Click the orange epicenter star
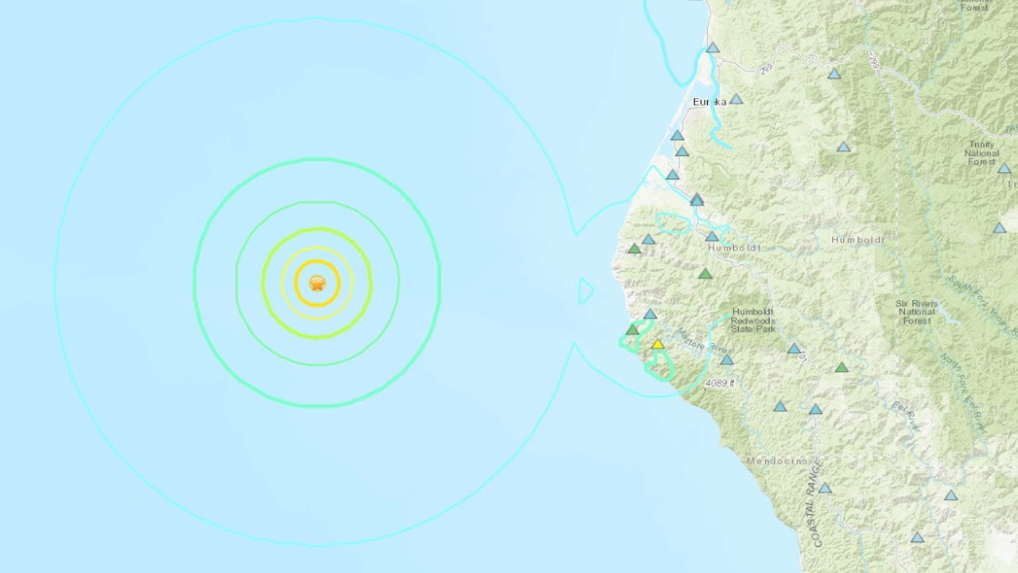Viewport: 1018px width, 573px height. [x=317, y=283]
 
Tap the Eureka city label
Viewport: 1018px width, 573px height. [x=710, y=102]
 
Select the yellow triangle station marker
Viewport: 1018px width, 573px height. [x=658, y=345]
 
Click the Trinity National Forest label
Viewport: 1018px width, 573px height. [x=981, y=153]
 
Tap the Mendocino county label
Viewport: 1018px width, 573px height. [x=777, y=461]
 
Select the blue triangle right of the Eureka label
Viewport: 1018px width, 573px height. [x=736, y=99]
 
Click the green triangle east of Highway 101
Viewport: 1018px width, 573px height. [x=841, y=368]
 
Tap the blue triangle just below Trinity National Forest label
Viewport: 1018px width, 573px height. [x=1004, y=169]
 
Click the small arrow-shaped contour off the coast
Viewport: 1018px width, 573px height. [x=585, y=291]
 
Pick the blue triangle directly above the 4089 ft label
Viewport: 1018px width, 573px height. [x=726, y=360]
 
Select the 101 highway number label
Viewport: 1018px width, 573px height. [x=802, y=357]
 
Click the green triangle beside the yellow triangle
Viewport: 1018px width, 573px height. [x=632, y=329]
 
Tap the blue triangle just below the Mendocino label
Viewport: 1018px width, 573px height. [x=825, y=488]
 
